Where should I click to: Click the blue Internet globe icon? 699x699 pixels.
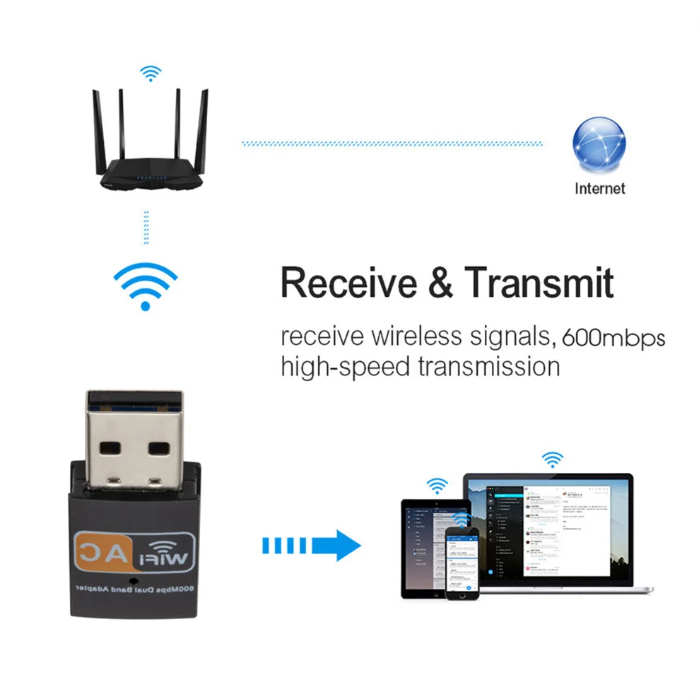tap(599, 143)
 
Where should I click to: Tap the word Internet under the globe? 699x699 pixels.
tap(599, 188)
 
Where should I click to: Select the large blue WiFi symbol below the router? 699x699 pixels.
tap(146, 283)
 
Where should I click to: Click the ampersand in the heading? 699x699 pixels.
tap(440, 283)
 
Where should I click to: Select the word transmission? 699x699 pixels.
tap(487, 367)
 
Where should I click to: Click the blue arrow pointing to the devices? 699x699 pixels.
tap(312, 546)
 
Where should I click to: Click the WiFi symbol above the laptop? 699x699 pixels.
tap(552, 460)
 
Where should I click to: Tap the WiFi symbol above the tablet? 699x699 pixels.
tap(437, 486)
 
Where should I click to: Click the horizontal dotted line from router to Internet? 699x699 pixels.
tap(392, 143)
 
